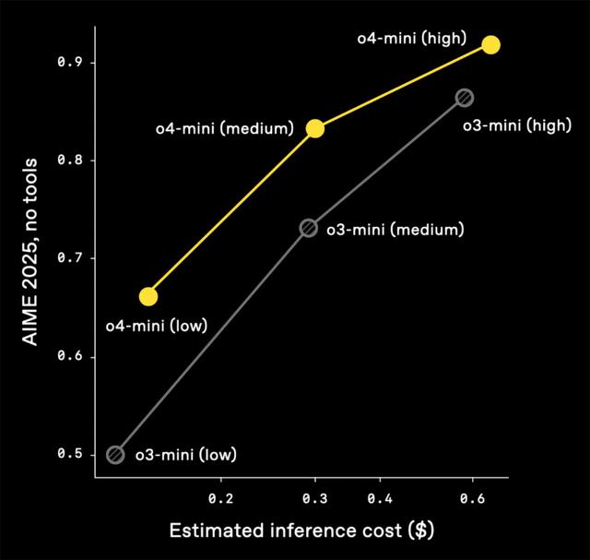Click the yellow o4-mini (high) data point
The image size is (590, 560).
490,44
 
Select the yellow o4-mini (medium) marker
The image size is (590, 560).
315,128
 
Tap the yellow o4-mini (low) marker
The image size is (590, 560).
148,296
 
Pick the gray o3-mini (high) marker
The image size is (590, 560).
465,98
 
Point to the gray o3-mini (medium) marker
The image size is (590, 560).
309,228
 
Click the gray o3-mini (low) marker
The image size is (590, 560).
115,454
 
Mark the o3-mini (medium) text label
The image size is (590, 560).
395,228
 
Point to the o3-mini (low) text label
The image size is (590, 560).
185,454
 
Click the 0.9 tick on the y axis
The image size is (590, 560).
69,63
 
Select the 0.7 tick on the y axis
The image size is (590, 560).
69,258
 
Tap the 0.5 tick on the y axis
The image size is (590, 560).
69,454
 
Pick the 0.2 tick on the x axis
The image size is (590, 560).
221,497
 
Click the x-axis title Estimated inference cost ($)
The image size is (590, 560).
301,531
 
